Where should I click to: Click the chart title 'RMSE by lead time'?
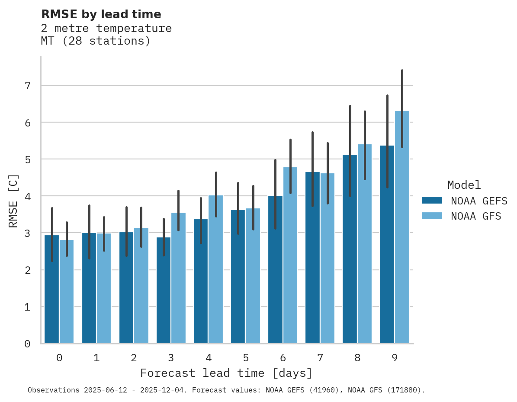(101, 14)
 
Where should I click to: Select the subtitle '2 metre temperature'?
(106, 29)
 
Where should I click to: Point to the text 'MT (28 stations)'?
(95, 41)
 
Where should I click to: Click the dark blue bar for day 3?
(164, 290)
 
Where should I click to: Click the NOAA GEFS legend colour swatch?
(432, 201)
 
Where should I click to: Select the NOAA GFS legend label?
(476, 216)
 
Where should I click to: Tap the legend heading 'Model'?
(464, 185)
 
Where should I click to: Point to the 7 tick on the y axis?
(27, 86)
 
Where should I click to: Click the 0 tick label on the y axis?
(27, 344)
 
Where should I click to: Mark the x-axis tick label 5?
(246, 358)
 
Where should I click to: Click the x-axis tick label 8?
(357, 358)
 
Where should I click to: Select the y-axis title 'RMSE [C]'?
(14, 201)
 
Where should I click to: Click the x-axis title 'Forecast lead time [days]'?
(226, 373)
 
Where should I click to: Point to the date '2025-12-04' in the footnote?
(167, 390)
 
